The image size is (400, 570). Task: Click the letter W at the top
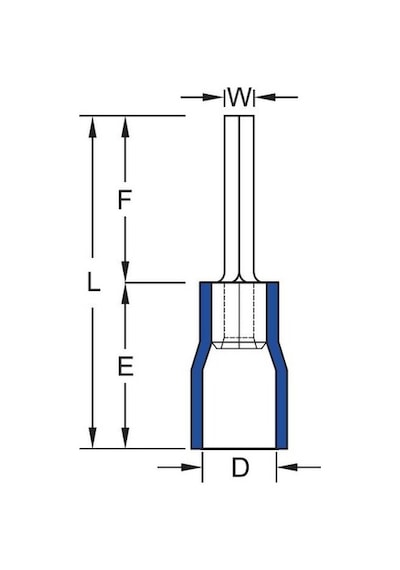click(239, 97)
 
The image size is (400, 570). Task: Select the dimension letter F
click(125, 200)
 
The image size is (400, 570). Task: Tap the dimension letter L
click(93, 282)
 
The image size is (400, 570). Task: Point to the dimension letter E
click(125, 366)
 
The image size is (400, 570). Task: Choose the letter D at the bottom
click(240, 467)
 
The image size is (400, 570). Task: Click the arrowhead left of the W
click(213, 97)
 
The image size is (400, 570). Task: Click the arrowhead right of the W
click(265, 97)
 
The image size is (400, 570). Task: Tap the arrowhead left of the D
click(191, 467)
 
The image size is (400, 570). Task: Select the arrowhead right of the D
click(287, 467)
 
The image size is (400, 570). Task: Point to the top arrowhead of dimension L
click(93, 127)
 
